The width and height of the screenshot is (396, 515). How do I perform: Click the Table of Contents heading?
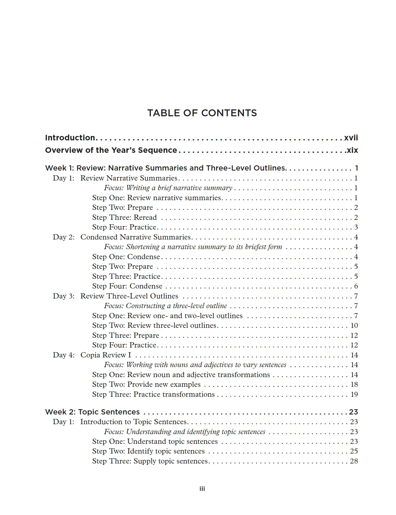click(202, 113)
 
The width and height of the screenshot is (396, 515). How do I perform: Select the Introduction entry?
click(70, 138)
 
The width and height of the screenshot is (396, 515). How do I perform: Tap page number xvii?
click(351, 138)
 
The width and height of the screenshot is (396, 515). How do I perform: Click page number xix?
click(352, 150)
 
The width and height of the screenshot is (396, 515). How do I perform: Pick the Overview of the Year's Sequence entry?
click(111, 150)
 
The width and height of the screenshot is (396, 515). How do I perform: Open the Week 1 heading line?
click(165, 168)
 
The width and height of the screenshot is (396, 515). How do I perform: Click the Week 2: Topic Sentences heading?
click(92, 412)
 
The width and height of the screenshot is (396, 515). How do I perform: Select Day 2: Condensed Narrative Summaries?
click(122, 237)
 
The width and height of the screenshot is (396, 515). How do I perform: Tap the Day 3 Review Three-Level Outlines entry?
click(115, 296)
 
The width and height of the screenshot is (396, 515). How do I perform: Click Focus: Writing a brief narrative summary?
click(168, 188)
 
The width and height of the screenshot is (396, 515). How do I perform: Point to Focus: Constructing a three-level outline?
click(165, 306)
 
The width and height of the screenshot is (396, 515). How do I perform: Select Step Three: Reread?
click(124, 217)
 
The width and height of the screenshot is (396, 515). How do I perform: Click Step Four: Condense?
click(127, 286)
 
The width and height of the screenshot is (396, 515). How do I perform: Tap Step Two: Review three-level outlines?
click(154, 325)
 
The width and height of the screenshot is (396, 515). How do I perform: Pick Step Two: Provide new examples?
click(146, 384)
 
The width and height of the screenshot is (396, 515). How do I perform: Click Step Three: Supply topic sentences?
click(150, 461)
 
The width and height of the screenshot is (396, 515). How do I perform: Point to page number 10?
click(354, 325)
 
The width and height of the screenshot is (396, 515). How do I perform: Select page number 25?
click(354, 451)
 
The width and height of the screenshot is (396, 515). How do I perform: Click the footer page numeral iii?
click(202, 489)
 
